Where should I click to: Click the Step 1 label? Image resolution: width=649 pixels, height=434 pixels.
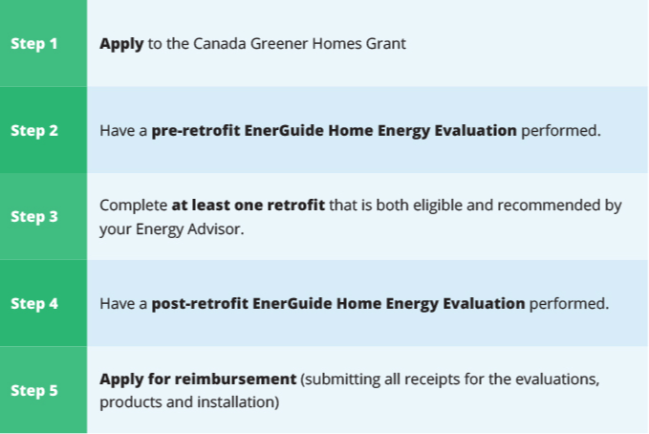coord(34,43)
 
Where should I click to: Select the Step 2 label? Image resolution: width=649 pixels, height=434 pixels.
coord(34,130)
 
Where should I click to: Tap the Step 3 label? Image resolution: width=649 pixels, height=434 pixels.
coord(34,217)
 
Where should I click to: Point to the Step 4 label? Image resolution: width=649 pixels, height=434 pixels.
coord(34,304)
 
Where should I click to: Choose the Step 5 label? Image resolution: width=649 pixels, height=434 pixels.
coord(34,391)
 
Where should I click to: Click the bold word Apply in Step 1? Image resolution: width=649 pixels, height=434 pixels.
coord(121,44)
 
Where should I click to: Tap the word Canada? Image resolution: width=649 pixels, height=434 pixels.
coord(220,43)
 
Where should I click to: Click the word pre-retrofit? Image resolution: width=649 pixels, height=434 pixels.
coord(196,131)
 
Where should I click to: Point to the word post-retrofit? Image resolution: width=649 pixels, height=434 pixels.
coord(200,304)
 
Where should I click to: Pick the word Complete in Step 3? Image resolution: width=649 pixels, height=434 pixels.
coord(133,206)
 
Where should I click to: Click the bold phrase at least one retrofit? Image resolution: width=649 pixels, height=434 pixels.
coord(249,205)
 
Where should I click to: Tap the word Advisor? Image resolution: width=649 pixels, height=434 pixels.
coord(215,228)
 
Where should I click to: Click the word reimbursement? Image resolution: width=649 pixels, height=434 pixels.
coord(235,379)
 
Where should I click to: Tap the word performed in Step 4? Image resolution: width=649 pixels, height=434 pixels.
coord(569,304)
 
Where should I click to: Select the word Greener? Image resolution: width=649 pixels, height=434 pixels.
coord(278,43)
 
